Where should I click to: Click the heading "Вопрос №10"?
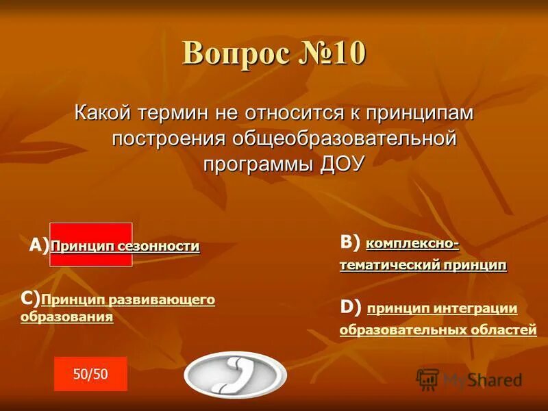pyautogui.click(x=274, y=54)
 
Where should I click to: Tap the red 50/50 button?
pyautogui.click(x=90, y=373)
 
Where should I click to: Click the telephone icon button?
pyautogui.click(x=235, y=375)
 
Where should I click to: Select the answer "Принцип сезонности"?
pyautogui.click(x=125, y=247)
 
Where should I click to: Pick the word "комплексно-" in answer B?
pyautogui.click(x=412, y=243)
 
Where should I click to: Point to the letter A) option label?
pyautogui.click(x=39, y=247)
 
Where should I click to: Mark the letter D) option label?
pyautogui.click(x=350, y=308)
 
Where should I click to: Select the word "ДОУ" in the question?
pyautogui.click(x=343, y=162)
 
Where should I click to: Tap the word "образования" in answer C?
pyautogui.click(x=66, y=317)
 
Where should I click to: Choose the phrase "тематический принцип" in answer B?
pyautogui.click(x=423, y=265)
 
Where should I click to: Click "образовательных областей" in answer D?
pyautogui.click(x=438, y=329)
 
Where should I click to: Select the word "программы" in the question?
pyautogui.click(x=258, y=162)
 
